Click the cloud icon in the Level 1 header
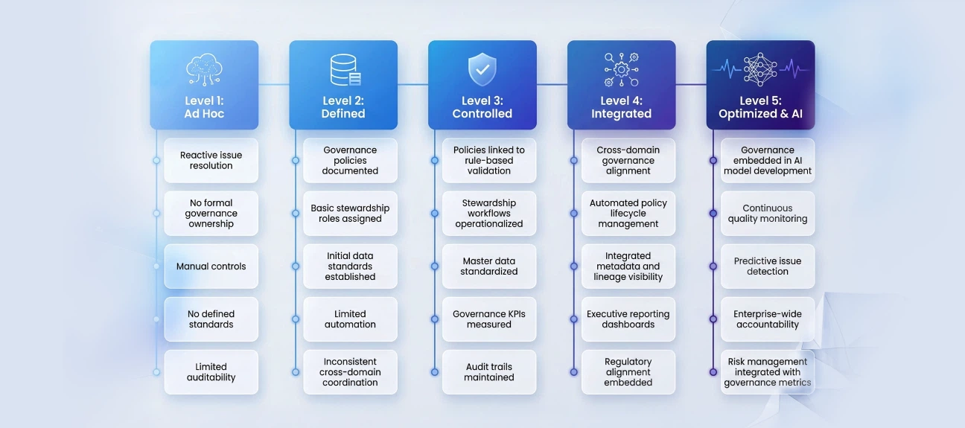[x=204, y=69]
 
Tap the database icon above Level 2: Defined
[x=344, y=70]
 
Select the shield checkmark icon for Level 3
[x=482, y=69]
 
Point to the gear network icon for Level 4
[x=621, y=70]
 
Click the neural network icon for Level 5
[x=760, y=69]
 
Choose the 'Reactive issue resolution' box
[x=211, y=161]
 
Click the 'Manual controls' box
[x=211, y=266]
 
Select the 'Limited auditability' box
[x=211, y=372]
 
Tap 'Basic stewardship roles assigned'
[x=350, y=214]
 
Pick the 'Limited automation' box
[x=350, y=319]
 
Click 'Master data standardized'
[x=489, y=266]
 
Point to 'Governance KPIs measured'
[x=489, y=319]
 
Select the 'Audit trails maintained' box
[x=489, y=372]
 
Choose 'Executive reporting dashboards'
[x=628, y=319]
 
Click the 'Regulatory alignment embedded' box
[x=628, y=372]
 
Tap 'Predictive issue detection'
[x=768, y=266]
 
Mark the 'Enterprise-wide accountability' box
[x=768, y=319]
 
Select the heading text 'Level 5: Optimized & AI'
[x=760, y=108]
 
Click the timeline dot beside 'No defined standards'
[x=156, y=319]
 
